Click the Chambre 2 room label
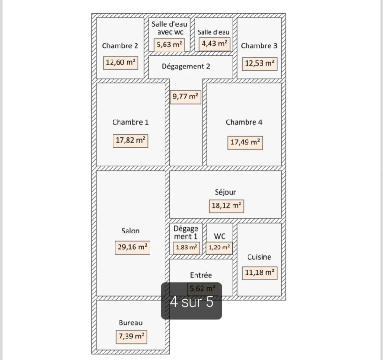(120, 45)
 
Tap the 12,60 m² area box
(120, 63)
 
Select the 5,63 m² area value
(169, 45)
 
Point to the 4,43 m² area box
(214, 44)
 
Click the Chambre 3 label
(259, 45)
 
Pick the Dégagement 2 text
(186, 67)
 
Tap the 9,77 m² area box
(185, 97)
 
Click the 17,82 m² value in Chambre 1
(130, 141)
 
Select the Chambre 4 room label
(244, 122)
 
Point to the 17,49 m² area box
(245, 142)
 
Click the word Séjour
(225, 192)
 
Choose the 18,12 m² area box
(226, 206)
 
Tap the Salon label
(130, 231)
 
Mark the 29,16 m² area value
(132, 247)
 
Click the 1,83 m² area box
(187, 248)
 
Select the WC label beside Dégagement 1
(219, 236)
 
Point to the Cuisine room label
(259, 257)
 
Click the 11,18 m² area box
(260, 273)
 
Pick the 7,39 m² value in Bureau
(131, 337)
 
